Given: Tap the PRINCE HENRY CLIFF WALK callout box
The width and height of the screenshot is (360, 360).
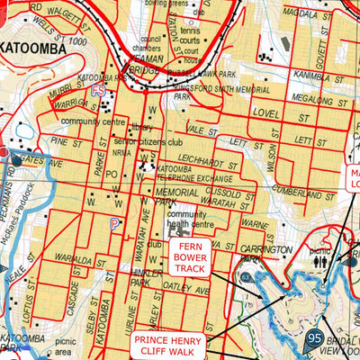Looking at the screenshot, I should click(169, 346).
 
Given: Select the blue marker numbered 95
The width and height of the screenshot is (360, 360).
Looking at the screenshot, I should click(313, 339).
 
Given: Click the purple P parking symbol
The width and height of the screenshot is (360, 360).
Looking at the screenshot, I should click(114, 223).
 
